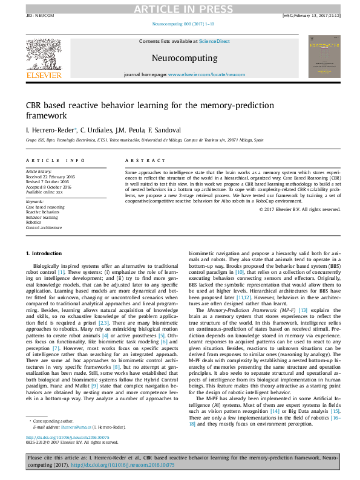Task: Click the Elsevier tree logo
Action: pos(44,54)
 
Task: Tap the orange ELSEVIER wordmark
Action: pos(44,76)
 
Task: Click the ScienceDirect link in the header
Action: pos(215,41)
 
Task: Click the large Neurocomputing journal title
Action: pos(185,58)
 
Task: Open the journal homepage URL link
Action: pos(206,74)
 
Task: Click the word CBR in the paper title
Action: pos(34,106)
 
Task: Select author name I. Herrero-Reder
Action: pos(50,129)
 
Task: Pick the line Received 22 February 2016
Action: pos(50,176)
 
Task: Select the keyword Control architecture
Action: pos(44,228)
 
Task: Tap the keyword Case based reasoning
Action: pos(45,207)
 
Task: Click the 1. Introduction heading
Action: pos(43,252)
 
